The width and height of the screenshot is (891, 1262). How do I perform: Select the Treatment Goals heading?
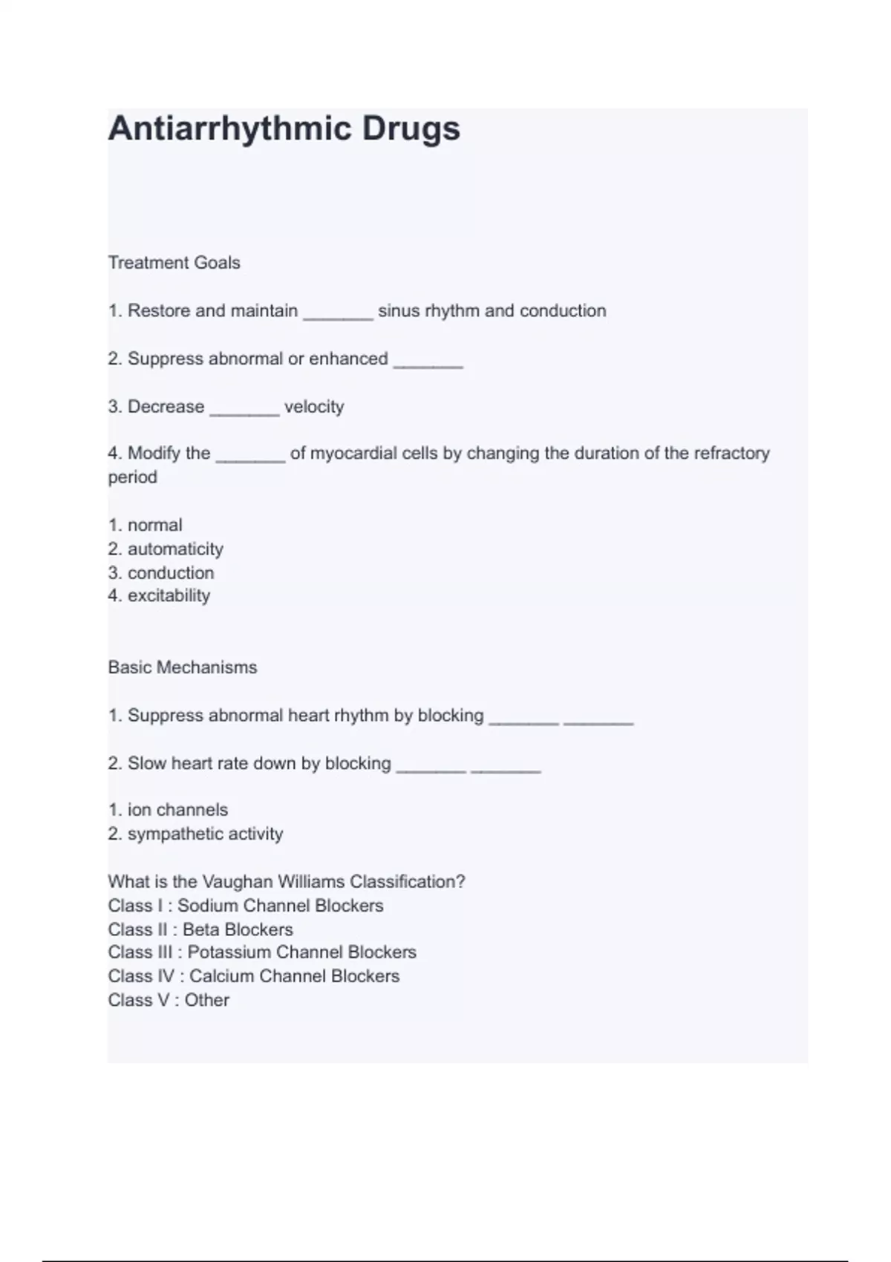[174, 263]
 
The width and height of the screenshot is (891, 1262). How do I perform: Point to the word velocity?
[314, 407]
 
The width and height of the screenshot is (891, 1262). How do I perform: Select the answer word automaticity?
[175, 549]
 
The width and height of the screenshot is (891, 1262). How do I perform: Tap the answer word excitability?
[169, 595]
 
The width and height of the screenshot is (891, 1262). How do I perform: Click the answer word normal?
[154, 526]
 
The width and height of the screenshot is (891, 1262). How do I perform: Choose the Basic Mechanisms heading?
[183, 667]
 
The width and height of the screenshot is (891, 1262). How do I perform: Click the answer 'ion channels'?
[177, 810]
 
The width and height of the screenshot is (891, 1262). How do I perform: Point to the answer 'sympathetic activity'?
[205, 834]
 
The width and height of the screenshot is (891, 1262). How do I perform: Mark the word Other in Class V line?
[207, 1000]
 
